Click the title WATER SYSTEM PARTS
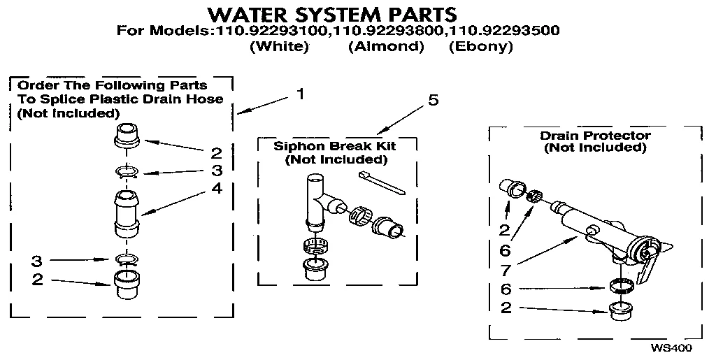point(334,14)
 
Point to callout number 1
point(300,94)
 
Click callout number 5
point(434,101)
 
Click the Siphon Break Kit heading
point(335,147)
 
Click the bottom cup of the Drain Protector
point(619,310)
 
